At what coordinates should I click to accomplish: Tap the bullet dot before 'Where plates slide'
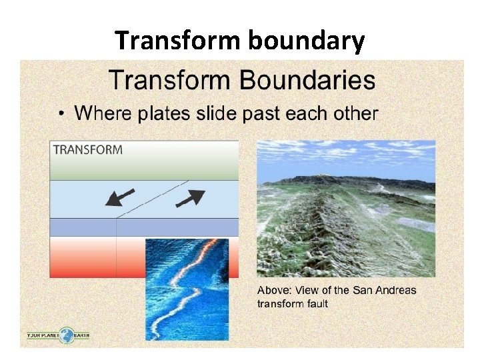click(62, 114)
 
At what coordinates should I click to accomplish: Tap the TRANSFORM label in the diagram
click(87, 149)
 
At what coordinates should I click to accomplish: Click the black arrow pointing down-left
click(120, 197)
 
